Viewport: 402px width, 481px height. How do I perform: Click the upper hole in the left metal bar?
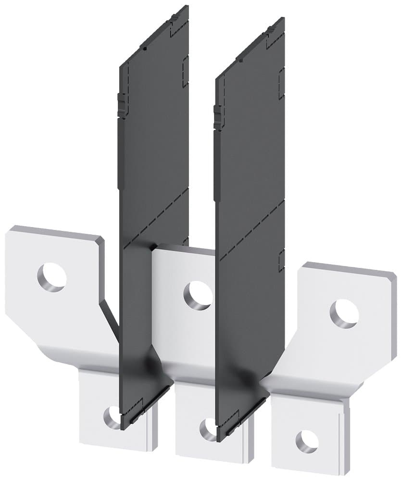(51, 277)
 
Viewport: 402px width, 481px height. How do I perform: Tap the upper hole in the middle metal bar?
(198, 294)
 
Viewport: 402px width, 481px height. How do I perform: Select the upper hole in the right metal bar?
(344, 314)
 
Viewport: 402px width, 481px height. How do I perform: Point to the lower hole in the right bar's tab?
(306, 441)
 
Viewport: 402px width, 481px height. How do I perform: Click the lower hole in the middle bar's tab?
(209, 427)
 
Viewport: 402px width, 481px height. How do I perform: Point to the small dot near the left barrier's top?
(144, 48)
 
